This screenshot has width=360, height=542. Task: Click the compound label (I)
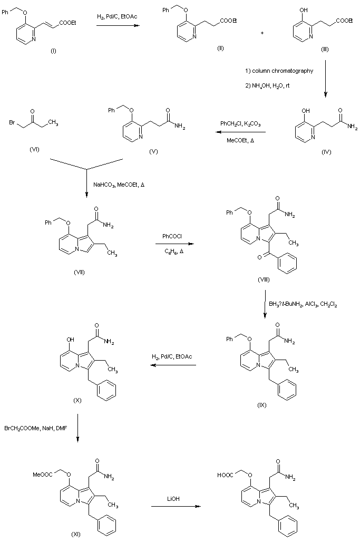pos(54,51)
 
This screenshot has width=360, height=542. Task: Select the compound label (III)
pos(325,49)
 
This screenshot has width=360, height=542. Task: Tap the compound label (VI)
pos(35,149)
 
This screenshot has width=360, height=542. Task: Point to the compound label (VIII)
pos(264,279)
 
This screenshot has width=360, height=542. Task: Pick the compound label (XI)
pos(76,534)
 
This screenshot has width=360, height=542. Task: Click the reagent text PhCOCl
pos(172,236)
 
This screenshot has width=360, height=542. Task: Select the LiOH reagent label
pos(173,499)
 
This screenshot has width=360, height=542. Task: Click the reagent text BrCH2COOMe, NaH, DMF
pos(36,428)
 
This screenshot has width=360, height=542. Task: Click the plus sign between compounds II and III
pos(262,33)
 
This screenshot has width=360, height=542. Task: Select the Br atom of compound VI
pos(12,122)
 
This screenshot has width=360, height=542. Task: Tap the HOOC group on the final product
pos(225,475)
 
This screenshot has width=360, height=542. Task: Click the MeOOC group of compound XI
pos(43,475)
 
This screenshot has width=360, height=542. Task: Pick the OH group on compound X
pos(70,340)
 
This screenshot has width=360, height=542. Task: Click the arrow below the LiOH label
pos(176,507)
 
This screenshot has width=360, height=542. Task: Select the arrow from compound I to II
pos(118,25)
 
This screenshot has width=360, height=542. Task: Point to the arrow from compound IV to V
pos(240,132)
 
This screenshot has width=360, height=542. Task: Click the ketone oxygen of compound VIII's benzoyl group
pos(259,257)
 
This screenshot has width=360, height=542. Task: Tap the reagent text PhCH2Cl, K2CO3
pos(240,124)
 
